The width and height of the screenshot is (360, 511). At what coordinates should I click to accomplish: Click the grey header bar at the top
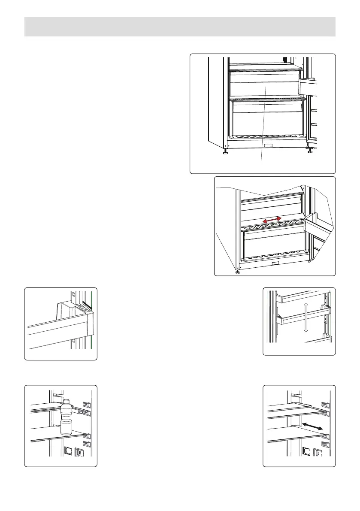pos(180,27)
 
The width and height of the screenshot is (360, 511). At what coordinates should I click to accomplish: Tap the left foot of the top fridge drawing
pos(225,153)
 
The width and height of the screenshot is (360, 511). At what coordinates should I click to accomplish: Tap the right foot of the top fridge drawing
pos(310,150)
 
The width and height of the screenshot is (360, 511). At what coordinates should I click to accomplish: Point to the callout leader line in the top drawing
pos(263,124)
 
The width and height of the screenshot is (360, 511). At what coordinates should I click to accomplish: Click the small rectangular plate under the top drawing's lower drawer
pos(269,146)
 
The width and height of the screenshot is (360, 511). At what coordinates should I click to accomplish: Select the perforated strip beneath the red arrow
pos(270,225)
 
